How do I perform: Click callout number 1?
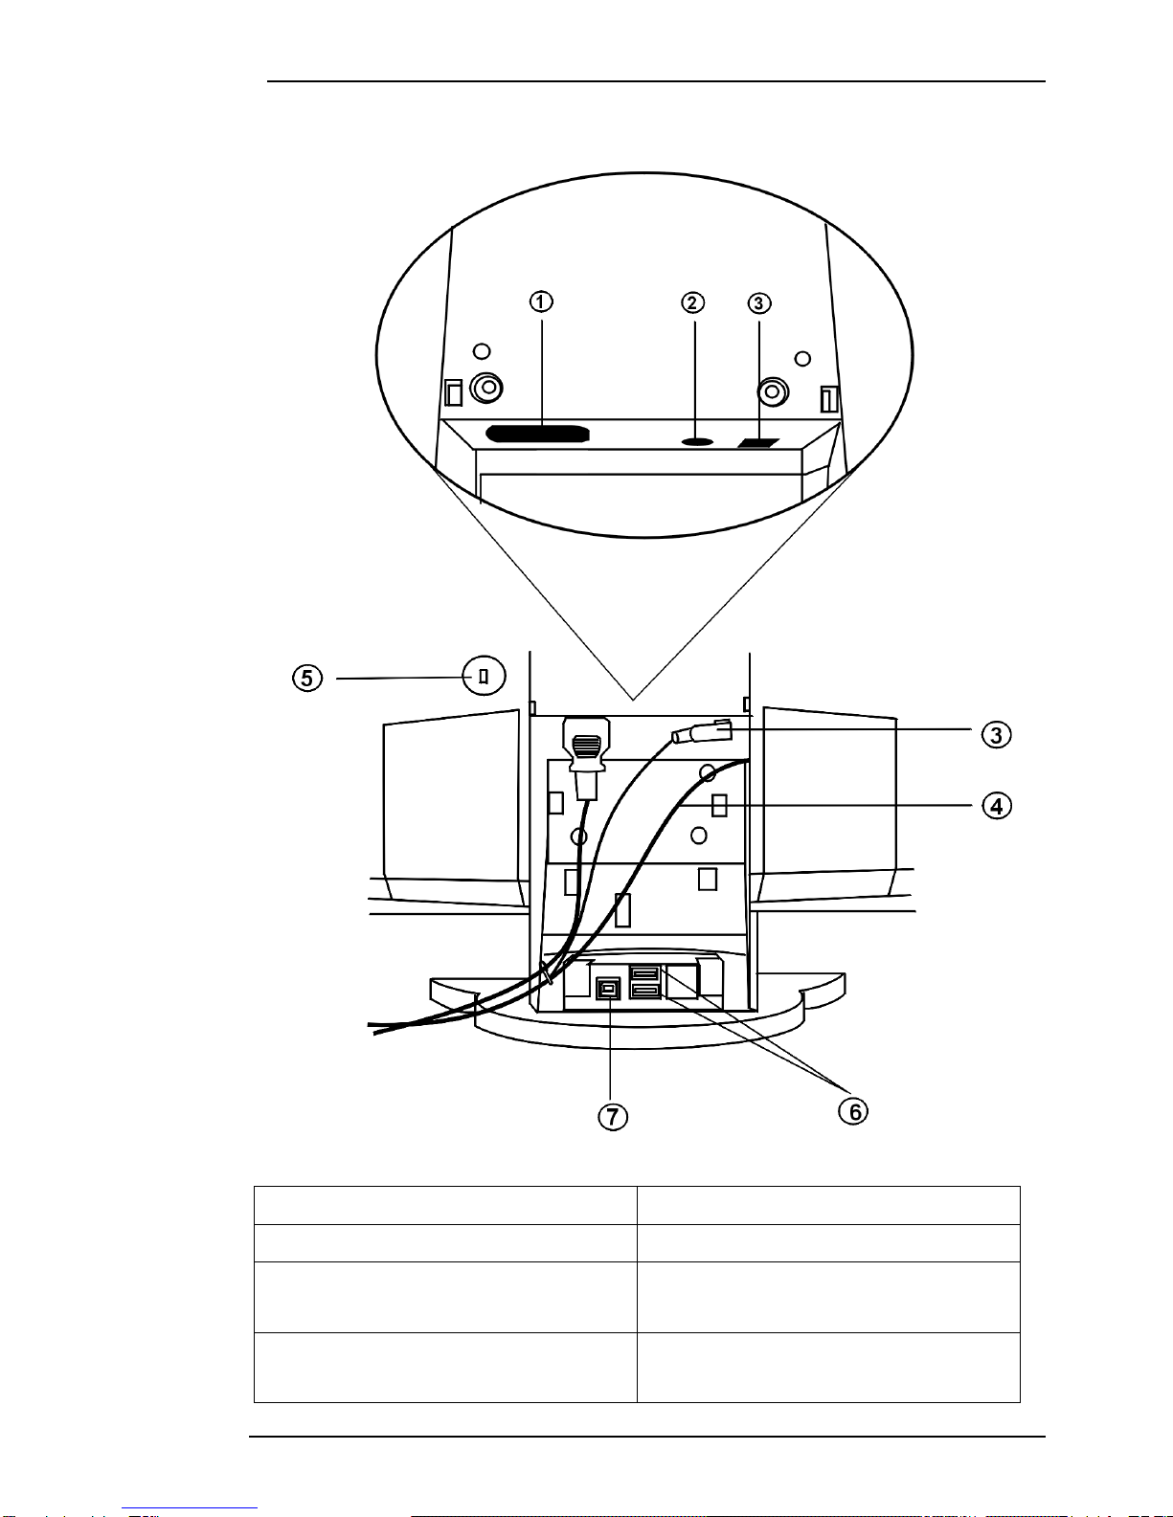click(x=541, y=301)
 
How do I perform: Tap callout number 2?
click(x=692, y=302)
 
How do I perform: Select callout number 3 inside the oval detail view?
click(x=758, y=303)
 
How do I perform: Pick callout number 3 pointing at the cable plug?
click(x=996, y=734)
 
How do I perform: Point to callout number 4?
click(x=996, y=806)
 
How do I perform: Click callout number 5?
click(x=306, y=678)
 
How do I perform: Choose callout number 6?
click(x=853, y=1111)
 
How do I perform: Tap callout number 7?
click(x=613, y=1116)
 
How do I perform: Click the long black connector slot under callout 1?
click(x=536, y=434)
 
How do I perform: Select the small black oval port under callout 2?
click(x=697, y=441)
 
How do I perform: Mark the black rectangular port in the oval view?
click(x=760, y=443)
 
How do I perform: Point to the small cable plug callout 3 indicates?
click(x=704, y=733)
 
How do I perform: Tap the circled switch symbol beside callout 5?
click(x=484, y=676)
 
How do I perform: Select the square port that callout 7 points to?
click(x=608, y=988)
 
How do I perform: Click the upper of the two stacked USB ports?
click(x=644, y=973)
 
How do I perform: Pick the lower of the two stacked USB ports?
click(x=644, y=991)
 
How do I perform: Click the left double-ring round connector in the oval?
click(x=487, y=388)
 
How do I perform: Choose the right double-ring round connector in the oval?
click(x=772, y=391)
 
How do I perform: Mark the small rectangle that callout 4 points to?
click(x=719, y=806)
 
